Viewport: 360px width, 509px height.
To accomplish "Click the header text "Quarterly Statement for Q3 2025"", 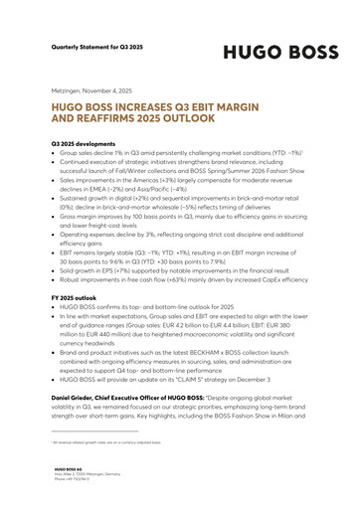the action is coord(99,46).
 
